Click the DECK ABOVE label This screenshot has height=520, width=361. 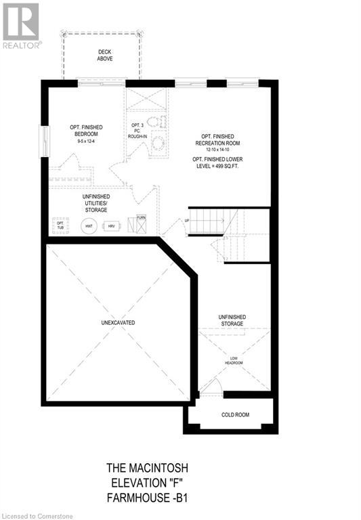click(104, 56)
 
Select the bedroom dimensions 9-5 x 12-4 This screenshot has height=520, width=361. click(85, 141)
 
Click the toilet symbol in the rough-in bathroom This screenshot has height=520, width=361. click(154, 123)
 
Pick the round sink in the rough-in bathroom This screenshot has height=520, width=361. click(160, 143)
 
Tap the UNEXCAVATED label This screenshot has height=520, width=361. click(115, 323)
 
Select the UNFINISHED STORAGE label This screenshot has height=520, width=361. click(232, 320)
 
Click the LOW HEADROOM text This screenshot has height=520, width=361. click(234, 360)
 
